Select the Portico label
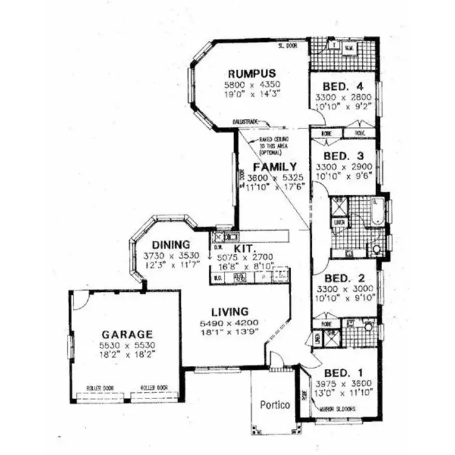pyautogui.click(x=274, y=404)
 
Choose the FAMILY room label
pyautogui.click(x=275, y=167)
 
